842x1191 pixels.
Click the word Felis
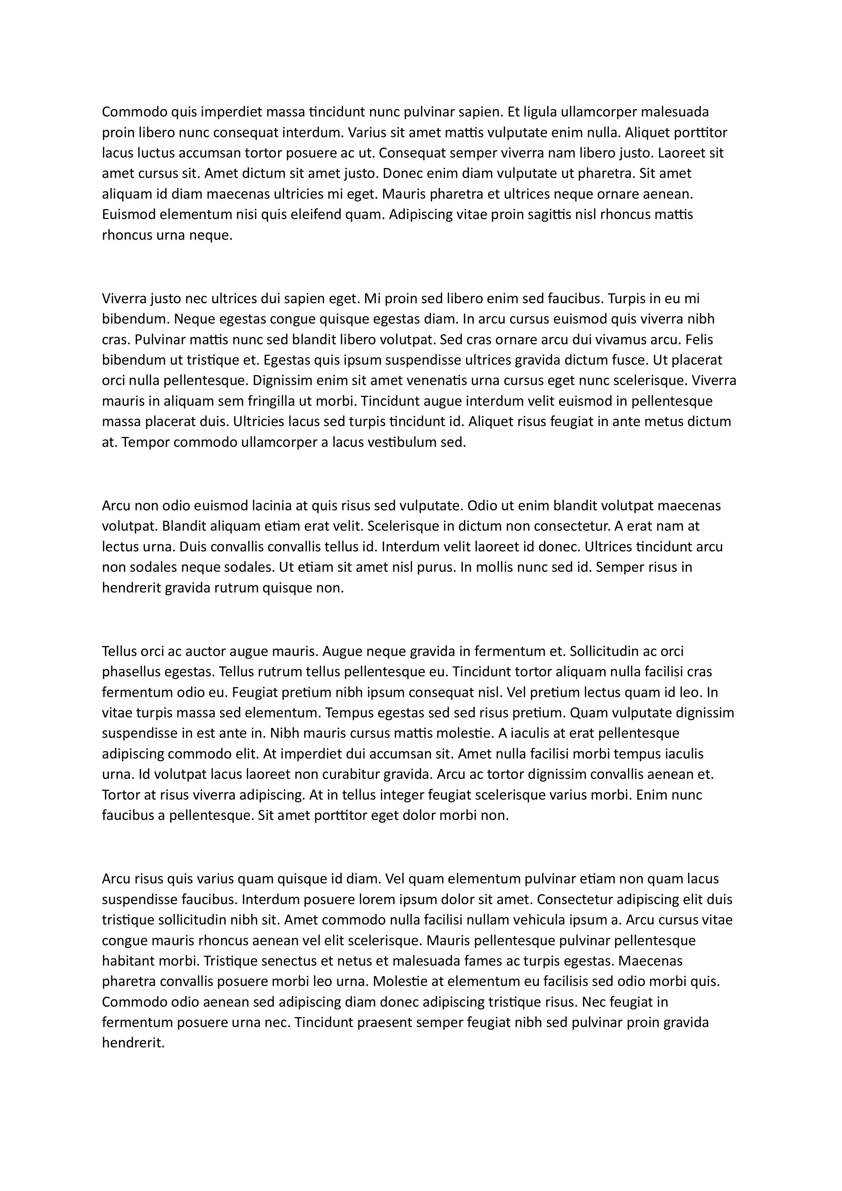coord(699,340)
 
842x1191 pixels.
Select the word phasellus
coord(131,672)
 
